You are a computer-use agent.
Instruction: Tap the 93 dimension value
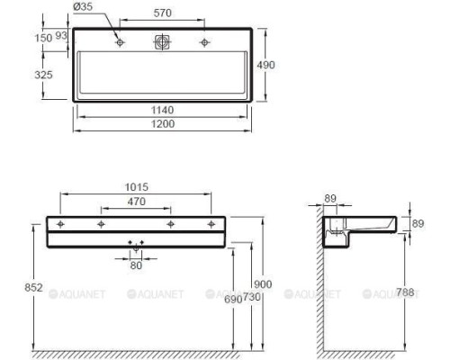click(x=62, y=35)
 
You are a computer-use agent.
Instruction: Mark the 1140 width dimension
click(x=162, y=110)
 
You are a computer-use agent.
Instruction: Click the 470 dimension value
click(x=136, y=202)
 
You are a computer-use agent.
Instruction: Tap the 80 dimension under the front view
click(x=137, y=265)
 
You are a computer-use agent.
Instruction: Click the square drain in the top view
click(x=162, y=41)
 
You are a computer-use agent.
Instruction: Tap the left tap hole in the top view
click(x=119, y=41)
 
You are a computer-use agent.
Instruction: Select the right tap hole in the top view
click(x=205, y=41)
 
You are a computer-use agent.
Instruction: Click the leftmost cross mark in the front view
click(x=60, y=223)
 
